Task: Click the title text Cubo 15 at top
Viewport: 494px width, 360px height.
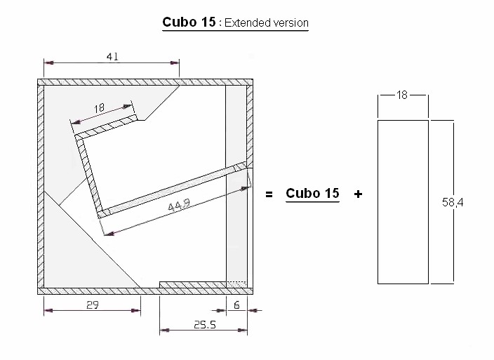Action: [x=189, y=22]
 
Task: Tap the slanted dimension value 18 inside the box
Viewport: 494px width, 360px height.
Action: [x=99, y=109]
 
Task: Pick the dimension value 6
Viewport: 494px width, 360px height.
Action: [x=236, y=305]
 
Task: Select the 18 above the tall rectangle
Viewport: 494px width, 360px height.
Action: [x=402, y=95]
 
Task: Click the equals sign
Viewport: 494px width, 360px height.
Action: [x=269, y=194]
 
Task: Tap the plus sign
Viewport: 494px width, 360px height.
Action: [x=358, y=194]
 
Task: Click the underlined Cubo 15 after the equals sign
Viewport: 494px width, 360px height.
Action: [x=312, y=193]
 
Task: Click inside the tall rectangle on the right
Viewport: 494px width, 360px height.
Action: [x=403, y=202]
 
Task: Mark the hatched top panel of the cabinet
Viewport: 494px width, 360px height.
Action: [x=144, y=83]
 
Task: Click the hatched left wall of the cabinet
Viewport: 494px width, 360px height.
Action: [x=40, y=186]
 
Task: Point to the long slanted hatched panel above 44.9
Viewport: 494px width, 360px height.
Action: [x=175, y=189]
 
